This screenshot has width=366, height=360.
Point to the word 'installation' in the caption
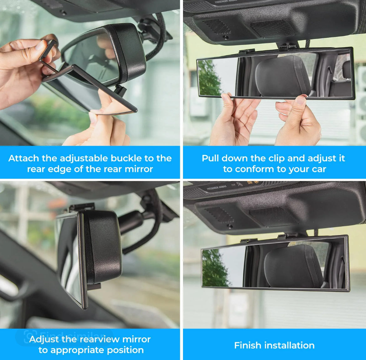(289, 345)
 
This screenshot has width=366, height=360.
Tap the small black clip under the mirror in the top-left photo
(120, 90)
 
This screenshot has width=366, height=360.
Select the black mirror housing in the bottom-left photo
(103, 247)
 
